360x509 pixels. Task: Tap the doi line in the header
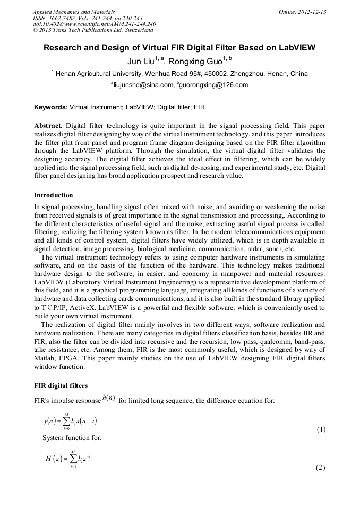[95, 24]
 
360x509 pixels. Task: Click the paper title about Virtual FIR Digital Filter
[179, 48]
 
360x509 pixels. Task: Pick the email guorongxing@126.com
[214, 85]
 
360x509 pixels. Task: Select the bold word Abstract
[48, 126]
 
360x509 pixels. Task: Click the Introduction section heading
[54, 195]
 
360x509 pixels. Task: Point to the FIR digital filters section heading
[61, 385]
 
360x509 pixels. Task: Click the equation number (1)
[321, 429]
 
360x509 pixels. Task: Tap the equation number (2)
[320, 467]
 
